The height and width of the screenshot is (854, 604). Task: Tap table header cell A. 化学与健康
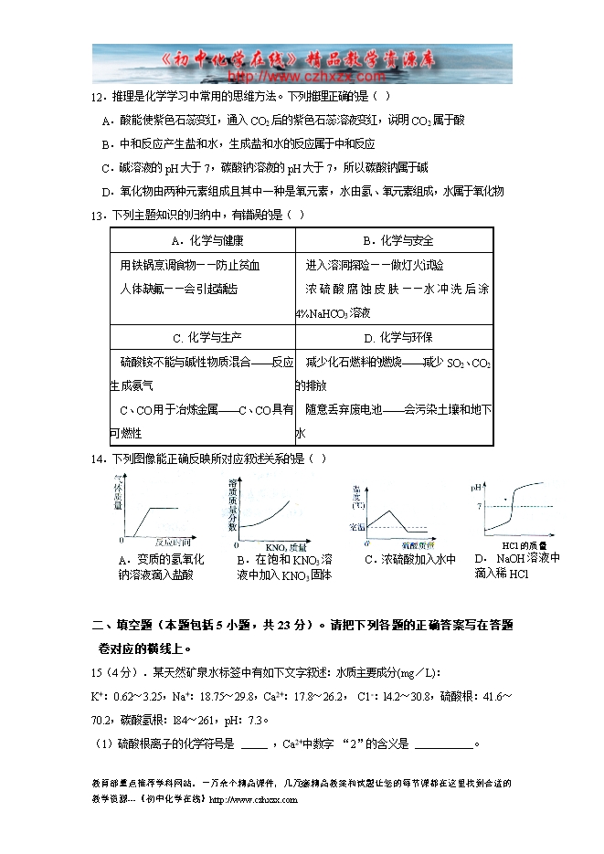202,240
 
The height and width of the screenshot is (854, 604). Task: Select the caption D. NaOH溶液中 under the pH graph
516,558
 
